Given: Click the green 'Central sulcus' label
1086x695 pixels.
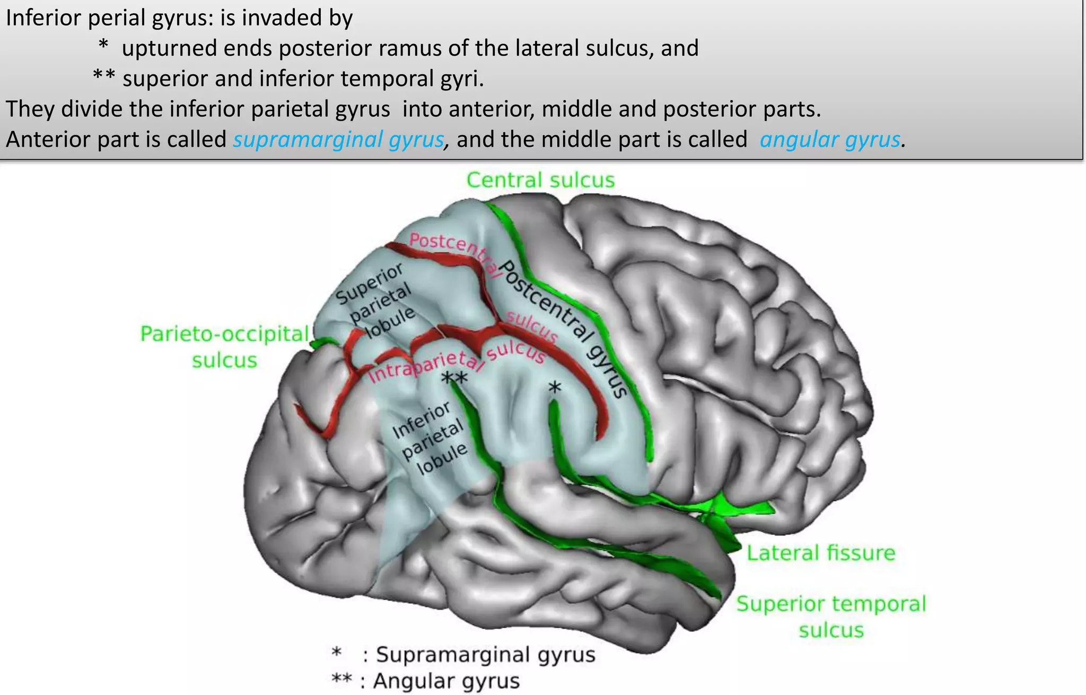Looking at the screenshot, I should (540, 180).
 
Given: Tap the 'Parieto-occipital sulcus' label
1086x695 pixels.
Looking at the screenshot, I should (224, 347).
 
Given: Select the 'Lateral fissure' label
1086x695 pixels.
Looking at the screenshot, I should (821, 553).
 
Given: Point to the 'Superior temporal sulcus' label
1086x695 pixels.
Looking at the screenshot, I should (831, 617).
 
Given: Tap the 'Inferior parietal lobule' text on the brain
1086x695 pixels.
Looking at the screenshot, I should (430, 438).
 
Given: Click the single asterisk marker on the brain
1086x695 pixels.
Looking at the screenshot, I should (554, 388).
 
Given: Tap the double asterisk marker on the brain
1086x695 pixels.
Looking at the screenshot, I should (454, 377).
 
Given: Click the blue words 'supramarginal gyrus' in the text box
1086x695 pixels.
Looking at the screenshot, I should (338, 139).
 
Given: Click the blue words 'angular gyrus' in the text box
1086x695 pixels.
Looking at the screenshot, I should (830, 139).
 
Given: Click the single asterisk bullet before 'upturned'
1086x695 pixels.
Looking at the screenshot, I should (103, 46).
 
